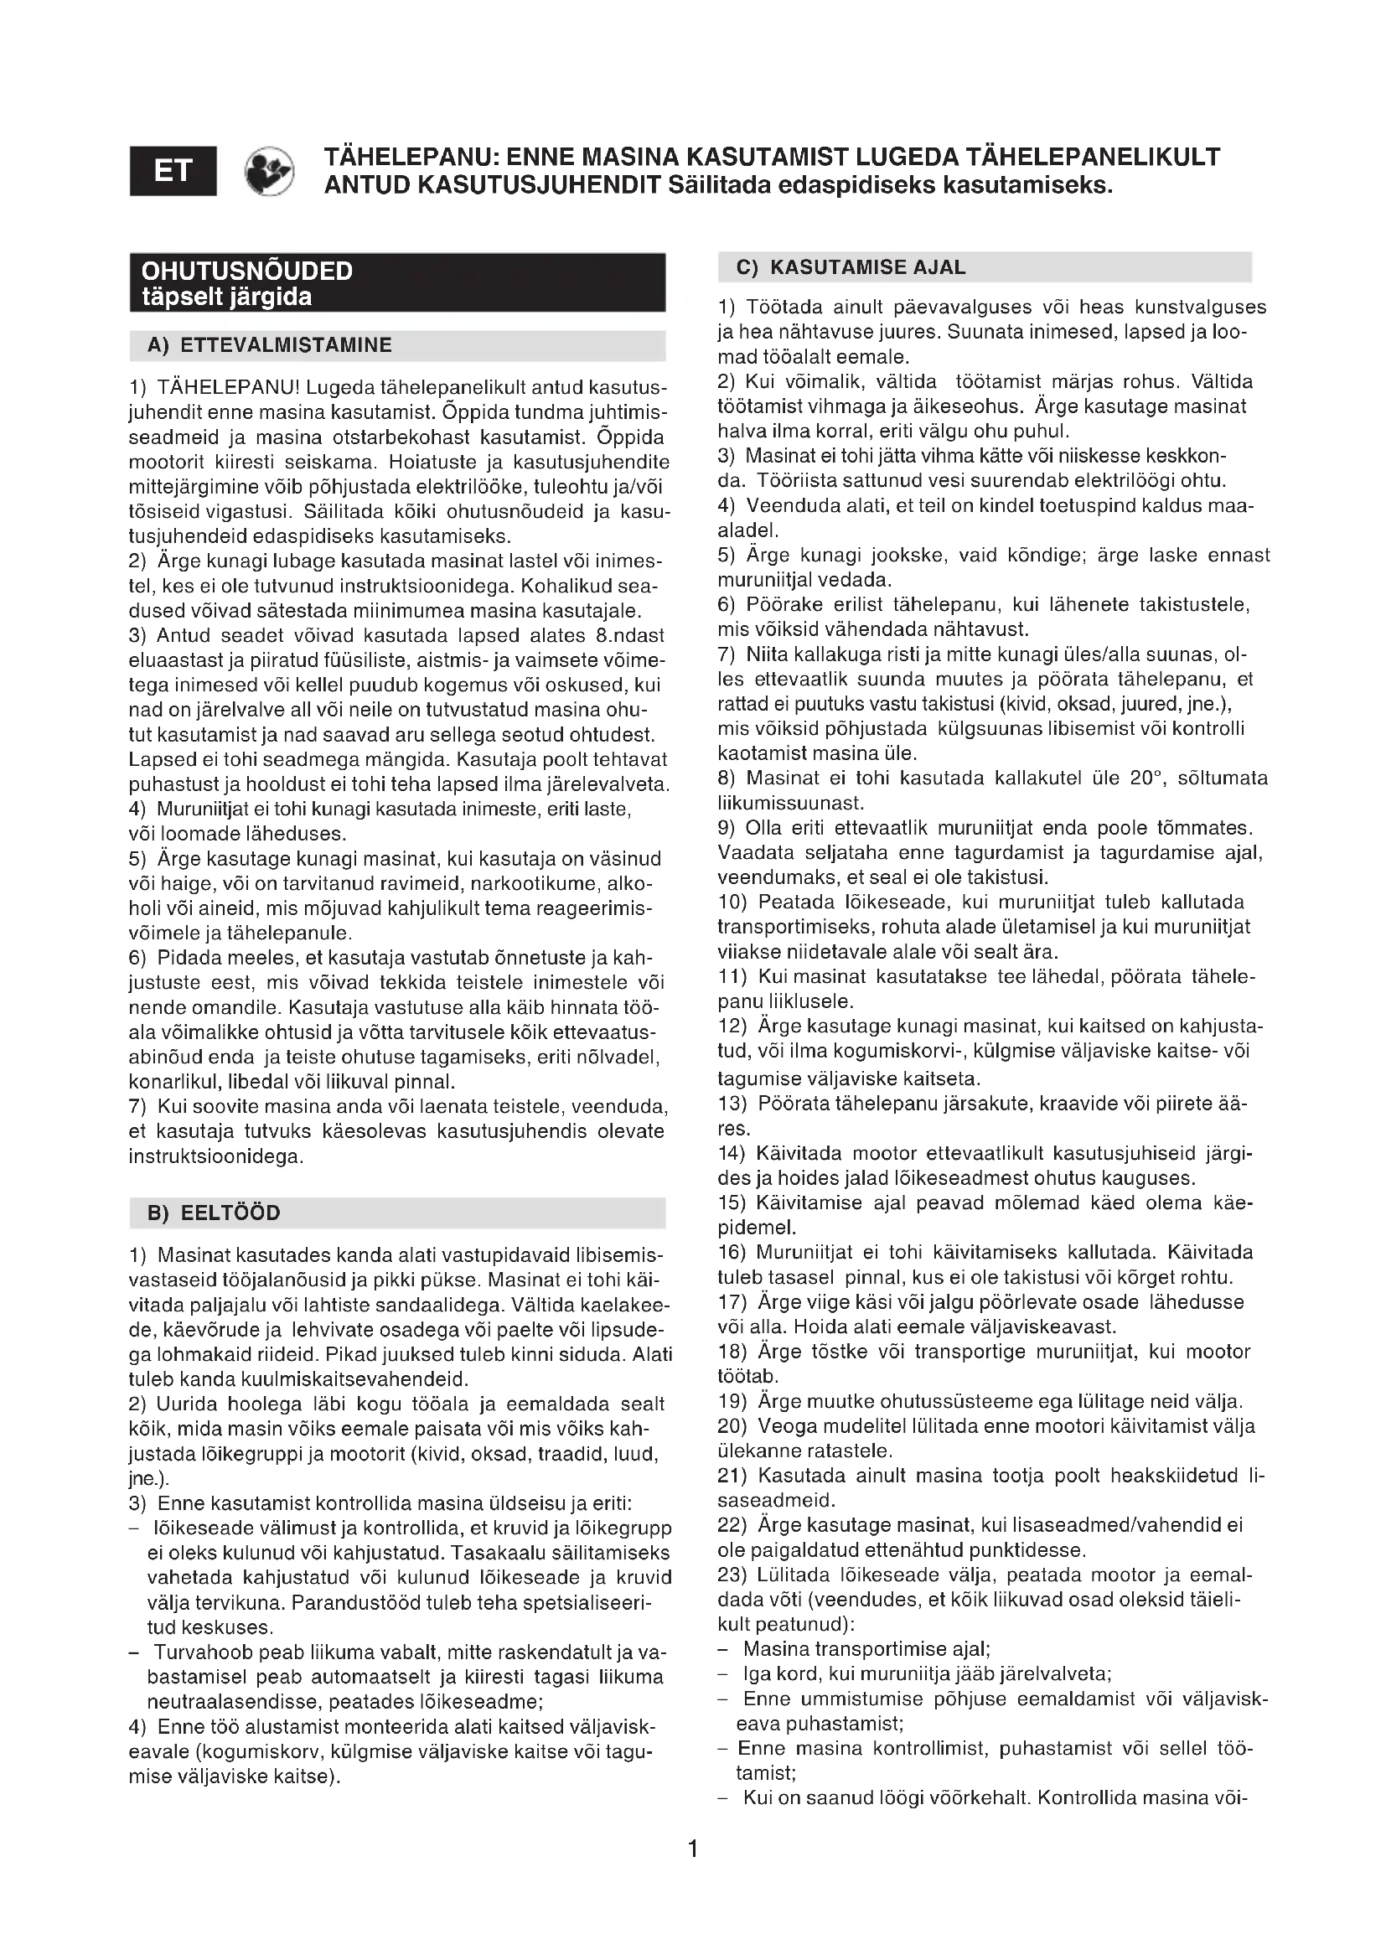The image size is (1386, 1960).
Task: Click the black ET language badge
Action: point(173,172)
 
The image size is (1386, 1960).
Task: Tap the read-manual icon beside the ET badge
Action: point(269,172)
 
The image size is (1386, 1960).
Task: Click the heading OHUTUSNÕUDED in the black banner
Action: point(246,272)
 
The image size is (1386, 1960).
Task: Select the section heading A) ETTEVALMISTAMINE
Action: point(270,346)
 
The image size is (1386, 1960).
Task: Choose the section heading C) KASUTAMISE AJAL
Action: point(851,267)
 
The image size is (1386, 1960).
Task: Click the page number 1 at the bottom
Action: point(693,1849)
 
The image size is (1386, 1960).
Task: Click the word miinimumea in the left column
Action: point(443,611)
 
